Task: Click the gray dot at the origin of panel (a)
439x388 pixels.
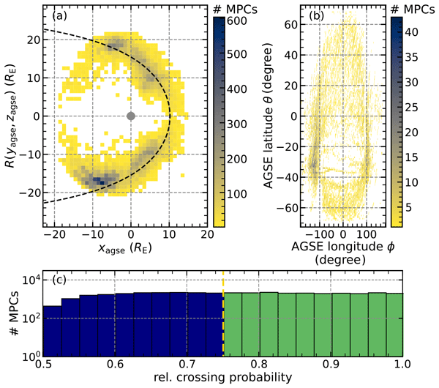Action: [131, 116]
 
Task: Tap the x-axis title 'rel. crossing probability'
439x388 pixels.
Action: [222, 378]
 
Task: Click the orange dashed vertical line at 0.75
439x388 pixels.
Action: [222, 315]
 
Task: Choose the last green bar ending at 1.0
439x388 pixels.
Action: [393, 324]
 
